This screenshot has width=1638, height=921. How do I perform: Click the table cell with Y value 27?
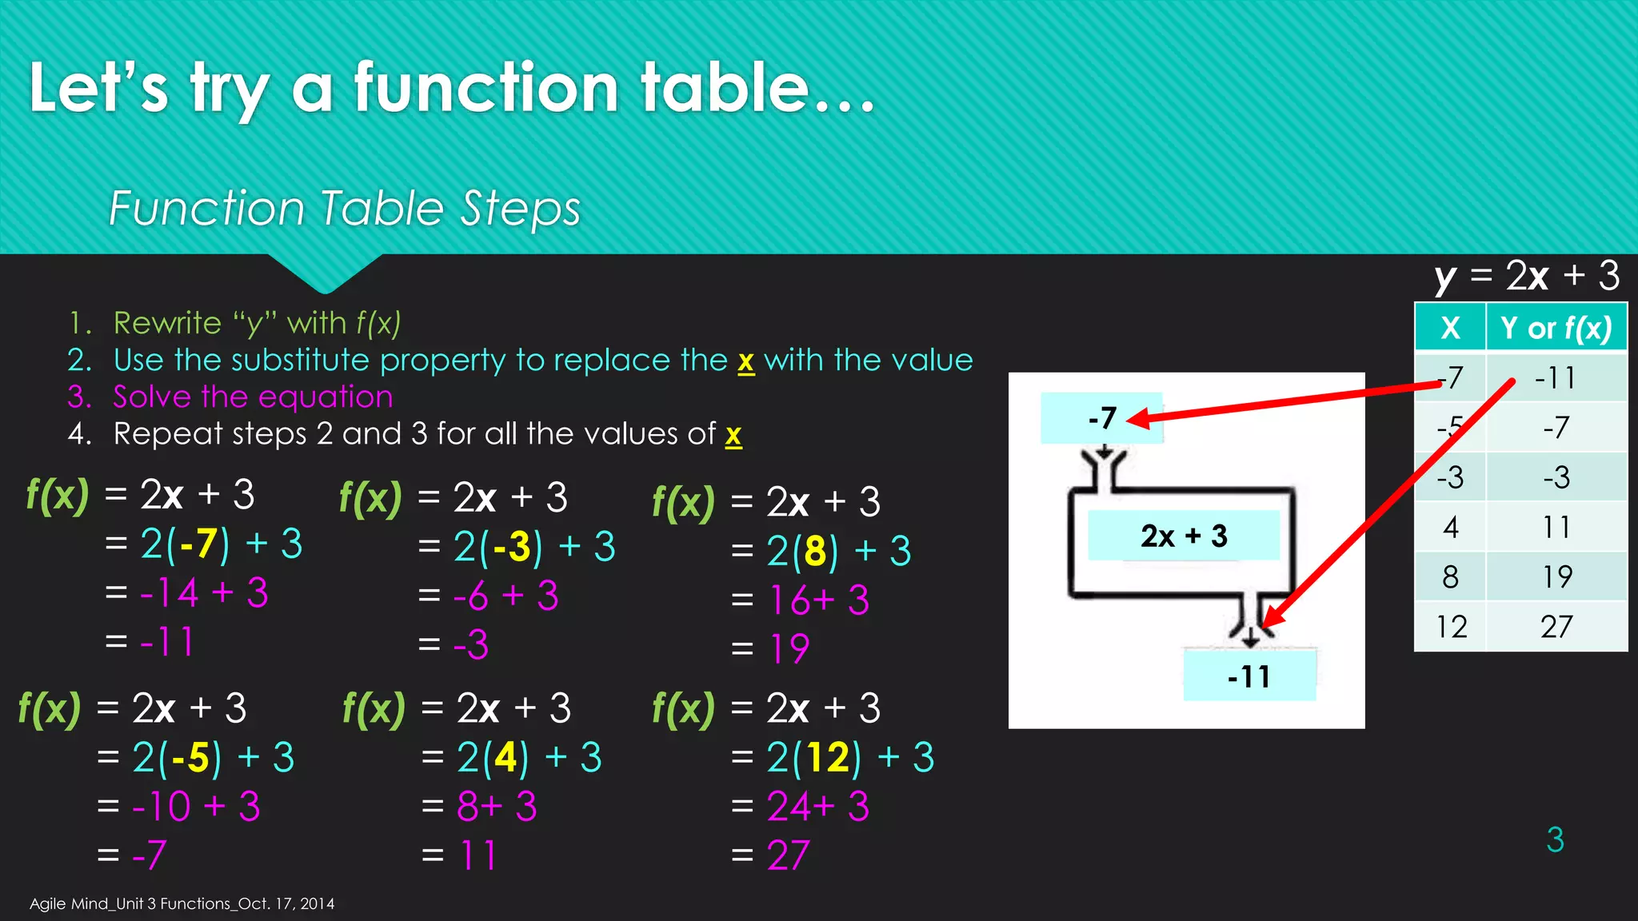point(1556,627)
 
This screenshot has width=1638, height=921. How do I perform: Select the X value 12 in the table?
point(1451,627)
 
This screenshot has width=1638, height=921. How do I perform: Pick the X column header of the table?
point(1450,328)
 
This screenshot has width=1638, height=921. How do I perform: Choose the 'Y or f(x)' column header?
point(1556,328)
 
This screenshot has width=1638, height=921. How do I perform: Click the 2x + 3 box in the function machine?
point(1184,536)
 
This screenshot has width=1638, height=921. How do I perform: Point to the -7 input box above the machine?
point(1101,418)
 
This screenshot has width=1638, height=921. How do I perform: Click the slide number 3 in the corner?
point(1555,839)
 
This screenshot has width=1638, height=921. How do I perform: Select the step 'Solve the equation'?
point(253,397)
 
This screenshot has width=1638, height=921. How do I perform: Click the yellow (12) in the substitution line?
point(828,757)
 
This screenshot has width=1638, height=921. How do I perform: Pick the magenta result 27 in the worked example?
point(788,855)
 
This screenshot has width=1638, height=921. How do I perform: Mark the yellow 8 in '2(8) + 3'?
point(815,551)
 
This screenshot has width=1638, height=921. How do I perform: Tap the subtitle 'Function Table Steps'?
point(344,209)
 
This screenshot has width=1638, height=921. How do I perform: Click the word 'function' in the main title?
point(486,88)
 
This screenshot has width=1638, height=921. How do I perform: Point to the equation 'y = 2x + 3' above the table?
point(1527,277)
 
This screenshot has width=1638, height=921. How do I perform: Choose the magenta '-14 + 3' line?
point(204,593)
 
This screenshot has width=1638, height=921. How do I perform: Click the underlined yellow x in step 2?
point(745,361)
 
